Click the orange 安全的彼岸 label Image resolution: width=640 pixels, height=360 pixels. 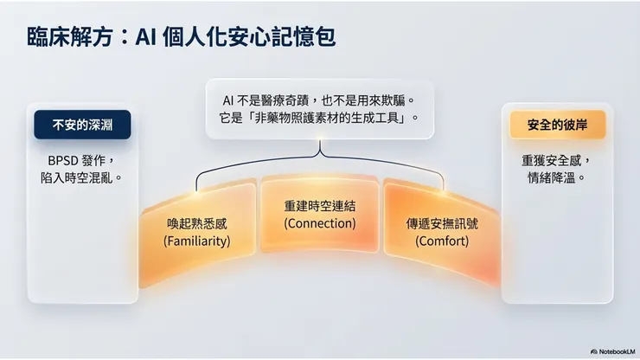pos(557,125)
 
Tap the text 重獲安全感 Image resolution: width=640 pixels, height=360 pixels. pos(556,160)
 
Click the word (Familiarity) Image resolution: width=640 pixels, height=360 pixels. pos(197,241)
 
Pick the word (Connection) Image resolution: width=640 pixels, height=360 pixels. pos(319,223)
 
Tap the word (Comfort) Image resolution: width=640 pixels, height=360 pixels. pos(442,241)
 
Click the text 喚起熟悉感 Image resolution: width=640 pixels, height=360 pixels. pos(197,223)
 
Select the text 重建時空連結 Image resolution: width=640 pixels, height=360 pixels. pos(319,207)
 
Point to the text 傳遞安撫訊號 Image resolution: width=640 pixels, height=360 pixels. pos(442,223)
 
